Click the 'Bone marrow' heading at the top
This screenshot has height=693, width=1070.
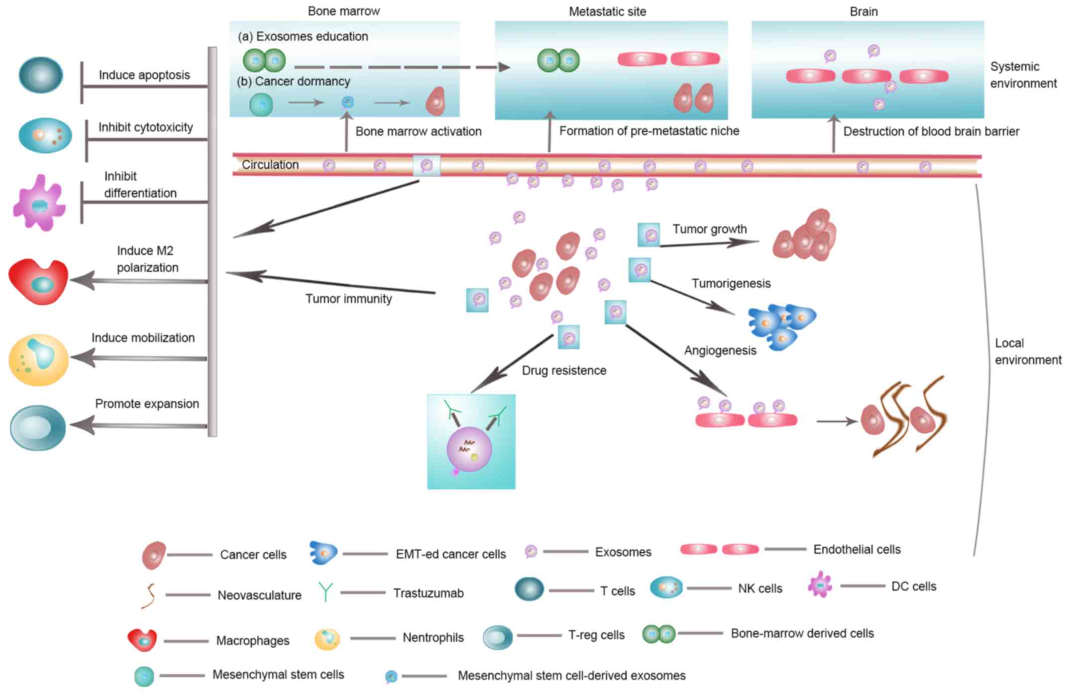point(343,11)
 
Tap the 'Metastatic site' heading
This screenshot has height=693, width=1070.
point(607,11)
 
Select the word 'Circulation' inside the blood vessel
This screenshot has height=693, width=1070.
point(270,165)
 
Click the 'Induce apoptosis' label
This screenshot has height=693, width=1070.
point(144,75)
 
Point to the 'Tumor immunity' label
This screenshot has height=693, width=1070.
point(348,299)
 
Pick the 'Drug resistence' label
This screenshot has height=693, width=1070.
point(564,370)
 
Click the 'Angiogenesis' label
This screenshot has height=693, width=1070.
point(720,350)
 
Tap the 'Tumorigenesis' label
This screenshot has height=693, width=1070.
point(731,283)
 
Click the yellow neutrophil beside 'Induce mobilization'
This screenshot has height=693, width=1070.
point(38,359)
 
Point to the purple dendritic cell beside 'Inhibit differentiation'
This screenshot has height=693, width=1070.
point(39,203)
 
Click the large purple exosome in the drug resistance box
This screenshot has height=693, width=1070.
point(469,449)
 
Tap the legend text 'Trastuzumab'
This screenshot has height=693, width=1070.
point(428,593)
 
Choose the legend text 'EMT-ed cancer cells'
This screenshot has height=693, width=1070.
point(450,554)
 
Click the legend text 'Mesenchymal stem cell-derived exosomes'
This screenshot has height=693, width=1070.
point(571,676)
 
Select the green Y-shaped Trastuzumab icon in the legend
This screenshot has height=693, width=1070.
point(325,592)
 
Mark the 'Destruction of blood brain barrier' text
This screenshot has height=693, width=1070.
point(931,131)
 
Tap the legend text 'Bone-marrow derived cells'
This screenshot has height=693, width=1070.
point(802,633)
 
